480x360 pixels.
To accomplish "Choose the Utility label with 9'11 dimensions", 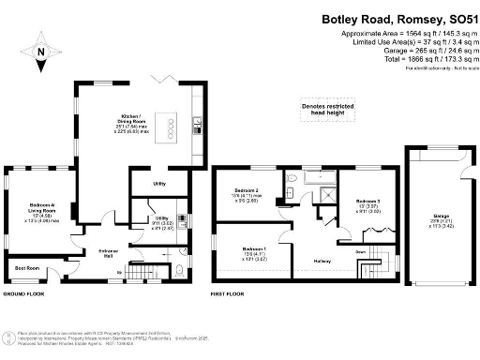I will coord(162,222).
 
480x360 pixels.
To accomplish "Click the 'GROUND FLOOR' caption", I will coord(26,294).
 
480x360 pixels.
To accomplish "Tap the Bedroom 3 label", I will coord(367,204).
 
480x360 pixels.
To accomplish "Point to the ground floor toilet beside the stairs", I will coord(177,273).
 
